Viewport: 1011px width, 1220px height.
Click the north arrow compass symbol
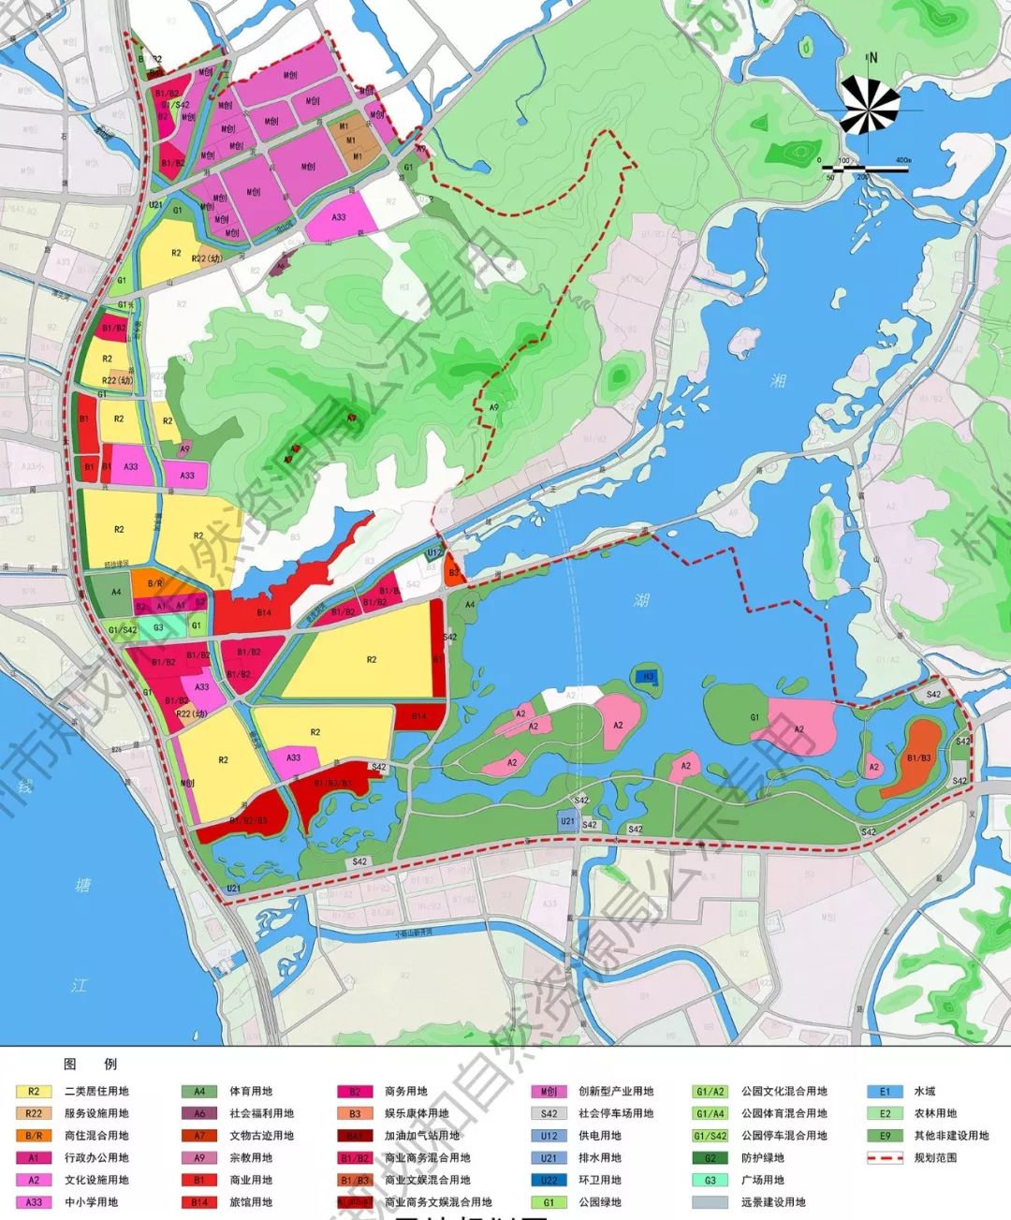tap(871, 103)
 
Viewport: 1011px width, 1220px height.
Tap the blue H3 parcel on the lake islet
tap(647, 677)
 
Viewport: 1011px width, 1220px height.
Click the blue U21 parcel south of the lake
tap(567, 821)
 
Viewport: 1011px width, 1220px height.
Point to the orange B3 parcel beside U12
tap(453, 572)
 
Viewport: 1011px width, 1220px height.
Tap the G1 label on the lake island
tap(754, 718)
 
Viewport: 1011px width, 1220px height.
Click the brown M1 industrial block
tap(354, 141)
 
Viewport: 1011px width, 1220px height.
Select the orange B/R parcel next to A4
tap(155, 583)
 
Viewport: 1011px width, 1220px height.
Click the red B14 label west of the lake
tap(263, 612)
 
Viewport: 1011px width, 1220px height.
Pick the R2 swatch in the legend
tap(34, 1091)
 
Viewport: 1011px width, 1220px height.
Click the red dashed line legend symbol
tap(885, 1157)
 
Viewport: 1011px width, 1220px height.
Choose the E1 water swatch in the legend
tap(885, 1091)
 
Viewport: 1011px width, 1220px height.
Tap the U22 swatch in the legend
tap(549, 1180)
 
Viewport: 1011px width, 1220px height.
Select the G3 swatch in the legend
tap(711, 1180)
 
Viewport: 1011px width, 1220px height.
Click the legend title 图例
tap(90, 1064)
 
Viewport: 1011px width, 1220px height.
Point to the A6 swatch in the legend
tap(199, 1113)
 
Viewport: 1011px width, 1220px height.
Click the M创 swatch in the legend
tap(549, 1091)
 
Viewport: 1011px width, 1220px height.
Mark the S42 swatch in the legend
tap(549, 1113)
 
